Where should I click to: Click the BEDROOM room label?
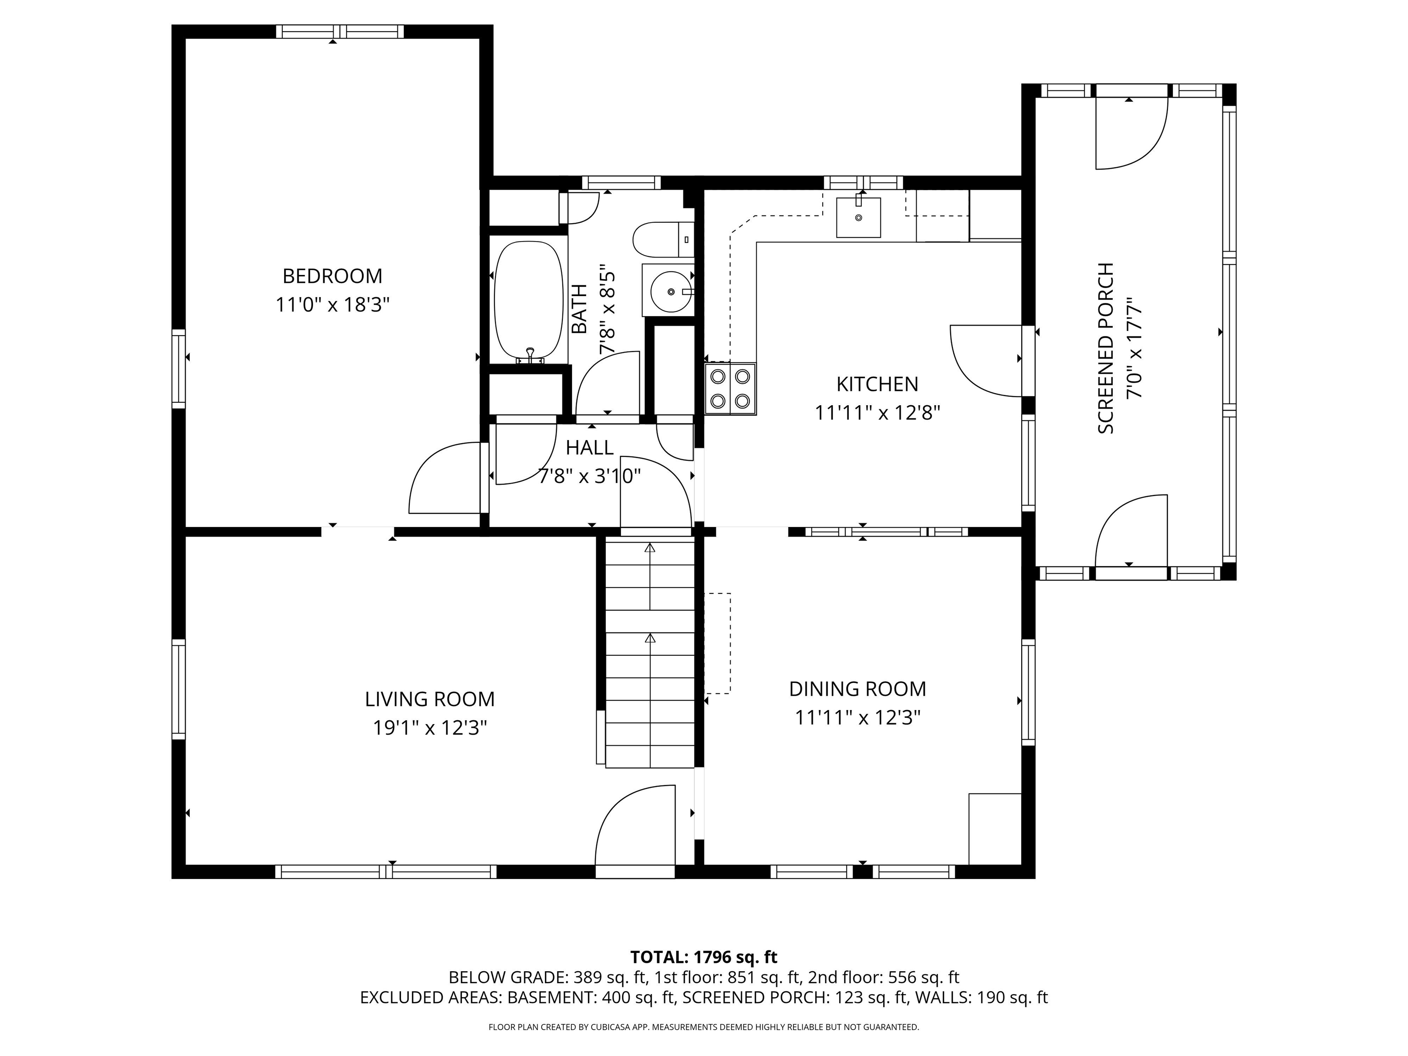tap(332, 276)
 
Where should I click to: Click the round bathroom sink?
tap(670, 291)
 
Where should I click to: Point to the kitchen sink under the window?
tap(858, 218)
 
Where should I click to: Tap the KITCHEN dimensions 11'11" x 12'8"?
tap(877, 413)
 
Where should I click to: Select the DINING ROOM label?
tap(858, 689)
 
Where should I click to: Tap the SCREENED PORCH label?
tap(1106, 348)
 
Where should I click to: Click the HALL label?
tap(589, 448)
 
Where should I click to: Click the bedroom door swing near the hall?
tap(444, 478)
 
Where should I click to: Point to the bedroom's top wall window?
tap(339, 32)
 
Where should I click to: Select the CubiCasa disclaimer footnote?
tap(704, 1028)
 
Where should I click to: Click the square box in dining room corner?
tap(994, 828)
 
